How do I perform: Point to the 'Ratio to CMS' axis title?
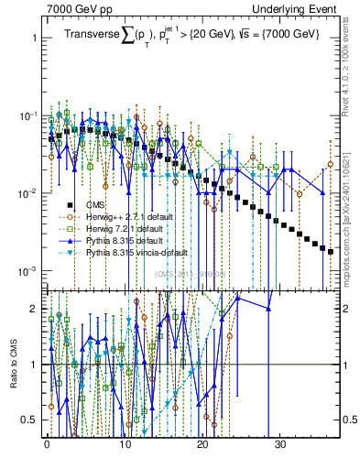pyautogui.click(x=12, y=365)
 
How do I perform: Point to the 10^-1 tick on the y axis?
pyautogui.click(x=29, y=116)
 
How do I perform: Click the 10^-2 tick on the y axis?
pyautogui.click(x=29, y=193)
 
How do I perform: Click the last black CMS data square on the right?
pyautogui.click(x=331, y=251)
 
